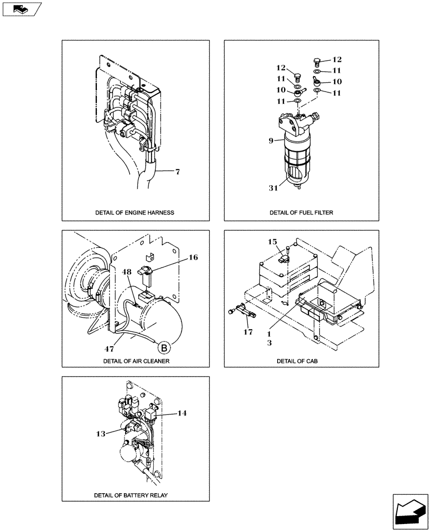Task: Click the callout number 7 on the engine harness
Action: pos(178,172)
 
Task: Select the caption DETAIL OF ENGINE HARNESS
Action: pos(135,213)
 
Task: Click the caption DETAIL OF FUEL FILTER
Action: pos(301,213)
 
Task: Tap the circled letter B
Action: pos(164,348)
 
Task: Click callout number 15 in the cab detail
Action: pos(273,242)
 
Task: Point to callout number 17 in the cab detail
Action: pos(248,333)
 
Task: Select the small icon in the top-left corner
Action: pos(20,9)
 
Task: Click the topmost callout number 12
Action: pos(337,60)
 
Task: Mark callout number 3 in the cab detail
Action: pos(269,343)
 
